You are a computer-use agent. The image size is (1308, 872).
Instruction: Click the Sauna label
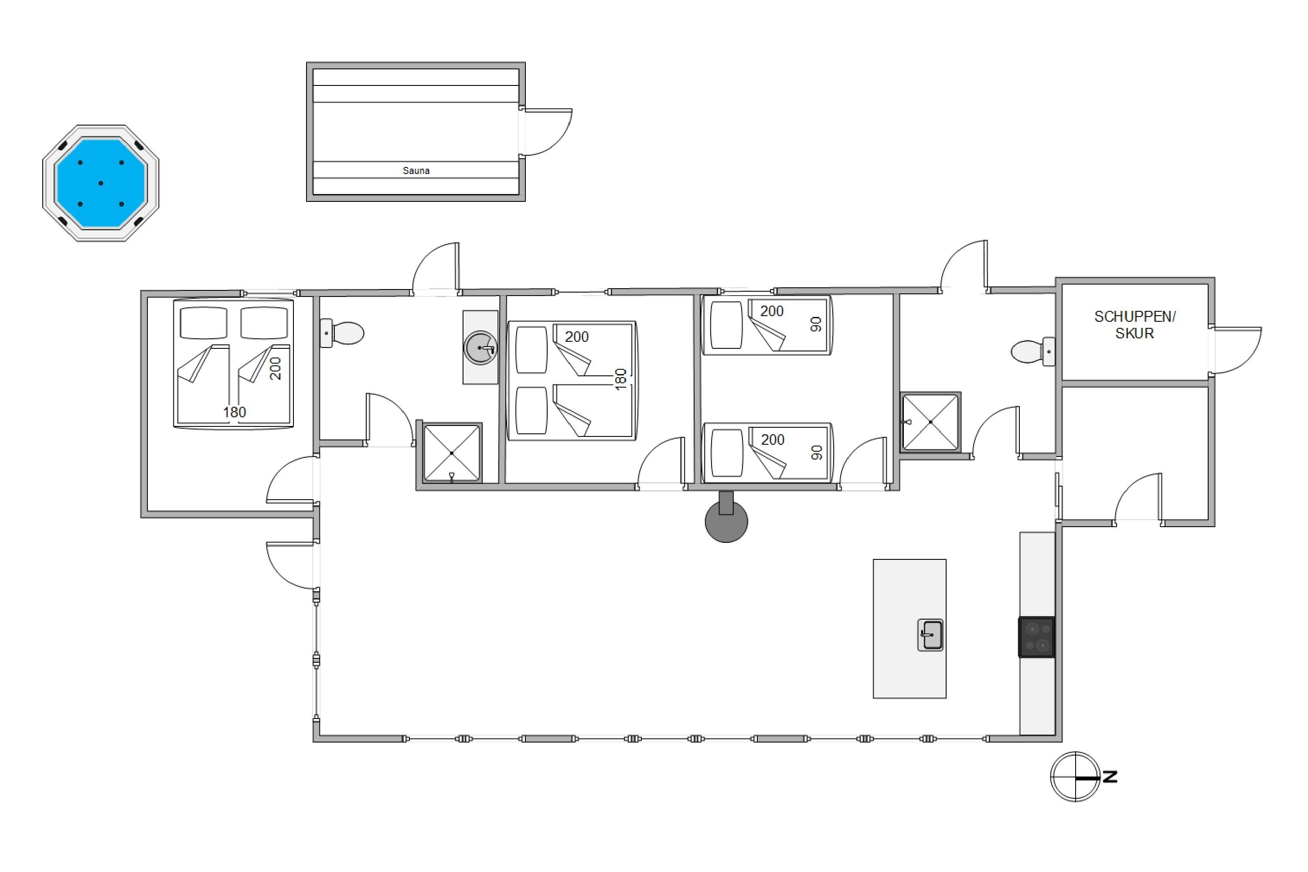click(416, 171)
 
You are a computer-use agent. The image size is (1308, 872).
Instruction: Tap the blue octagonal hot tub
click(101, 183)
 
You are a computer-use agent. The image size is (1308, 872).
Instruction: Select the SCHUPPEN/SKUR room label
click(1134, 325)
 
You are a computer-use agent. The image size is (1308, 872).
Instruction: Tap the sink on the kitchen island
click(930, 635)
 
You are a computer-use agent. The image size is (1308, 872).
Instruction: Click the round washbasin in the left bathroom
click(480, 348)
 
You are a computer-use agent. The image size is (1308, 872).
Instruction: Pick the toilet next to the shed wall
click(1033, 351)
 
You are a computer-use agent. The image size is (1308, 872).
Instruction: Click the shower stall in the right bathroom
click(930, 422)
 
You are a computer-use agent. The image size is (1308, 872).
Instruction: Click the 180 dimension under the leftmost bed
click(234, 412)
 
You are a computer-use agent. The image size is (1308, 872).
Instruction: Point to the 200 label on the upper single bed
click(771, 311)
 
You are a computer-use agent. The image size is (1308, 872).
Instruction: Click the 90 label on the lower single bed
click(816, 453)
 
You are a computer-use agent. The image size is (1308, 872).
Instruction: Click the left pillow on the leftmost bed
click(204, 323)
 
